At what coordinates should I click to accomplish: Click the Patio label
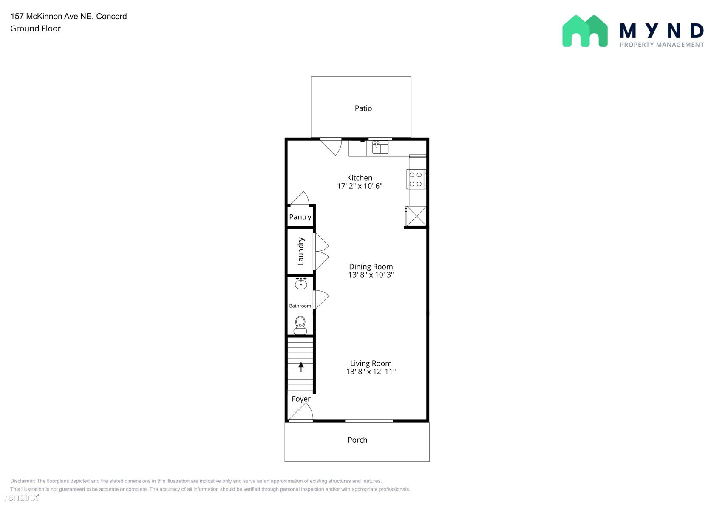(363, 108)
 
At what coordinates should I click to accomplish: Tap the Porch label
(357, 440)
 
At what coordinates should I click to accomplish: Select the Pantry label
(300, 217)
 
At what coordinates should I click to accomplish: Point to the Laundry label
(300, 251)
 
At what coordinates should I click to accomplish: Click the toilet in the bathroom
(300, 325)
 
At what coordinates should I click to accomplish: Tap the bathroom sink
(301, 283)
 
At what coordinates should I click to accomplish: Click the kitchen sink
(380, 147)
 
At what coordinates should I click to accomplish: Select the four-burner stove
(416, 179)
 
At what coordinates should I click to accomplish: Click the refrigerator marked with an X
(416, 216)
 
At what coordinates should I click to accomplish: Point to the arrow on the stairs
(301, 366)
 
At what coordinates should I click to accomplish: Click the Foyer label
(301, 399)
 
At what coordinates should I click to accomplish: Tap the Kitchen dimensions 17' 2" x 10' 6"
(360, 186)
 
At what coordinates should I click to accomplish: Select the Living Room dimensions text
(371, 372)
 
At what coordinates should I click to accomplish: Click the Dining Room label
(371, 267)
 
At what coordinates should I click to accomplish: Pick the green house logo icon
(585, 31)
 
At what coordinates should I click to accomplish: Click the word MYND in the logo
(662, 31)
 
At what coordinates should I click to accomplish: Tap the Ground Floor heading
(35, 29)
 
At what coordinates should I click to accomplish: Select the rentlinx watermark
(21, 496)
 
